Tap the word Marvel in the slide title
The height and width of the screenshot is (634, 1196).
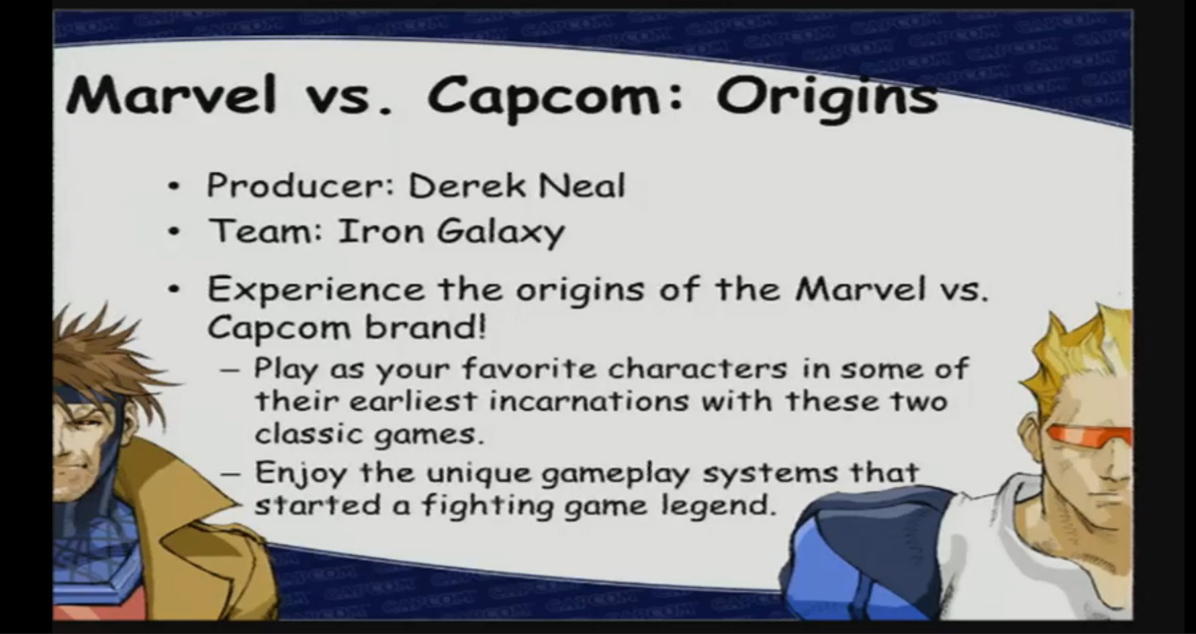pos(171,95)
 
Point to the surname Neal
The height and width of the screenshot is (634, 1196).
pos(581,185)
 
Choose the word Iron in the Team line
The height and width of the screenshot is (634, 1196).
pos(380,231)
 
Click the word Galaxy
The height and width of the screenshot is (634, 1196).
pos(500,232)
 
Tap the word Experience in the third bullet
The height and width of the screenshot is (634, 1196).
pos(316,290)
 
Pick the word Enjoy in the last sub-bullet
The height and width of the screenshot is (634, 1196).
pos(301,473)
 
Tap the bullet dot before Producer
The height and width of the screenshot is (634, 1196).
pos(175,187)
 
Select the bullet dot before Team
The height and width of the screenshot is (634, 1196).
pos(175,232)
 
